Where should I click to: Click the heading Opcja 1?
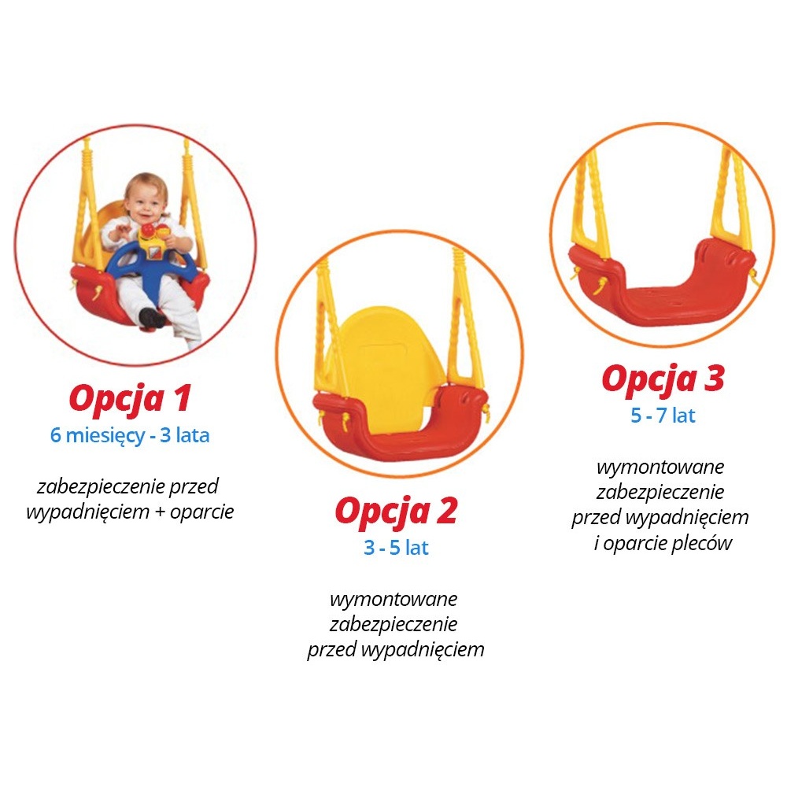(x=130, y=399)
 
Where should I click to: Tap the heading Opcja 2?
(x=396, y=512)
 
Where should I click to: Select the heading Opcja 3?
(x=663, y=379)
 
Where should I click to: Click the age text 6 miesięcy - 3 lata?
(x=130, y=436)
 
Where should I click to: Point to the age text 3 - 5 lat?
(x=396, y=548)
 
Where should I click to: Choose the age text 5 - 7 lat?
(x=663, y=416)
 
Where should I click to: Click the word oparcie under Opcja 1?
(x=201, y=512)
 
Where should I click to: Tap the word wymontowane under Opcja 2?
(x=394, y=599)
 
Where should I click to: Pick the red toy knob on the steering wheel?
(x=148, y=231)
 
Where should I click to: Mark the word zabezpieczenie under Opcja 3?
(x=660, y=492)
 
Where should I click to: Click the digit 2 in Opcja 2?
(x=447, y=511)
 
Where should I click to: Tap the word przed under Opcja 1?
(x=194, y=486)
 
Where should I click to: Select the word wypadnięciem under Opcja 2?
(x=423, y=649)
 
